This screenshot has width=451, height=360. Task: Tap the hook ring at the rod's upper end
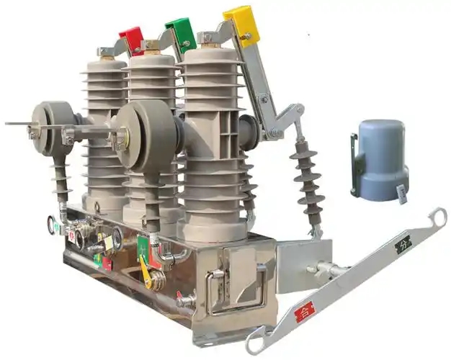pos(436,219)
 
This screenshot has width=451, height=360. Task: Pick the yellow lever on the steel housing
pos(146,274)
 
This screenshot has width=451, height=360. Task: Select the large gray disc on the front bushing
pos(145,135)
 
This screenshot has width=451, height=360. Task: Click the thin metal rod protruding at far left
pos(18,124)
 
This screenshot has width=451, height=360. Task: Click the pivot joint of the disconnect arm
pos(274,132)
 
